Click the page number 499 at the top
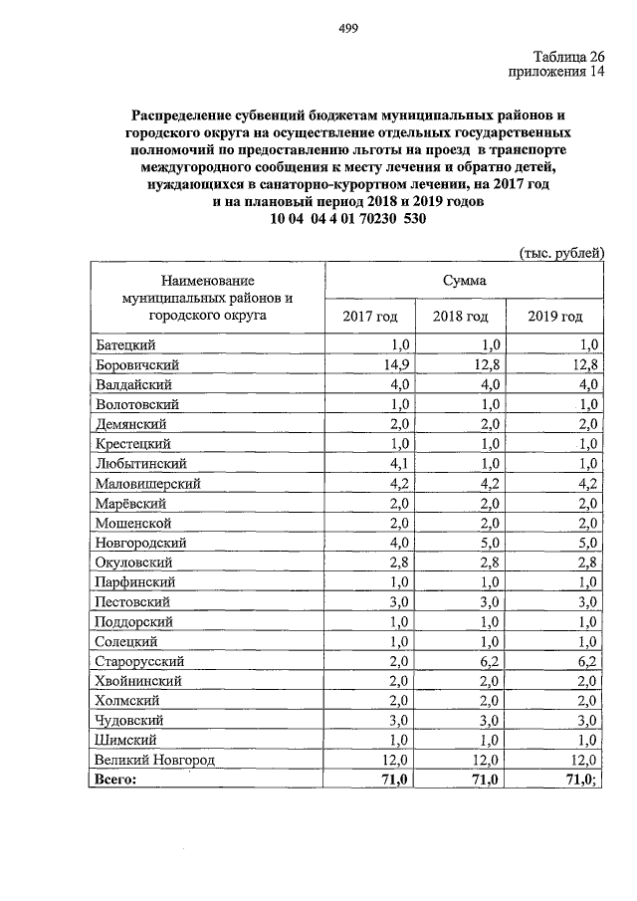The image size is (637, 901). tap(347, 28)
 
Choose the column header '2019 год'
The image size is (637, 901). tap(554, 317)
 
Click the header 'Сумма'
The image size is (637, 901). tap(465, 282)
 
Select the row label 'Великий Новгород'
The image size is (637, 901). tap(155, 760)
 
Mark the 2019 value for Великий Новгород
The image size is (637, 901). tap(584, 760)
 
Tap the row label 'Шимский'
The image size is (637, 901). tap(126, 740)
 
